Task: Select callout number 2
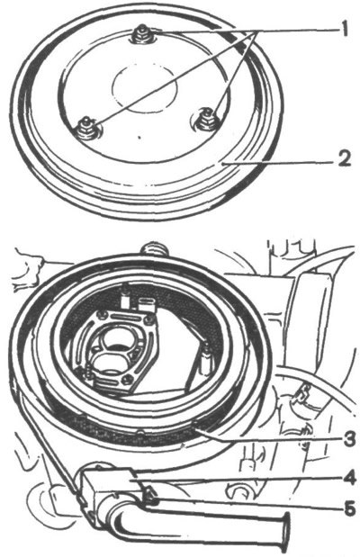click(x=343, y=158)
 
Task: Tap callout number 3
click(x=348, y=440)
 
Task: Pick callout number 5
click(x=349, y=508)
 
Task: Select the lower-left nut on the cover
click(x=86, y=129)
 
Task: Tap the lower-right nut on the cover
click(x=205, y=120)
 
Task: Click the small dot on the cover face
click(x=140, y=137)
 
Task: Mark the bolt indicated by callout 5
click(x=152, y=496)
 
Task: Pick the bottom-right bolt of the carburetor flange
click(x=126, y=381)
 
